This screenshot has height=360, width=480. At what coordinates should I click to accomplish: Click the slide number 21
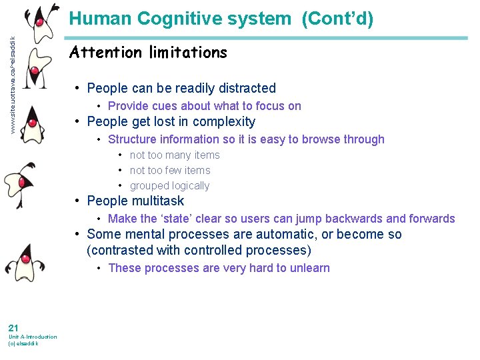click(x=13, y=327)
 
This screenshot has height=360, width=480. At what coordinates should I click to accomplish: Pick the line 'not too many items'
click(x=175, y=155)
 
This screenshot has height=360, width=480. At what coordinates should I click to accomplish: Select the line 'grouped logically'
click(x=169, y=186)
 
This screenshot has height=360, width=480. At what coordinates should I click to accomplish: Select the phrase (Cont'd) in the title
click(x=337, y=19)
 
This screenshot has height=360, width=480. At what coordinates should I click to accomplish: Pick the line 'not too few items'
click(x=170, y=171)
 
